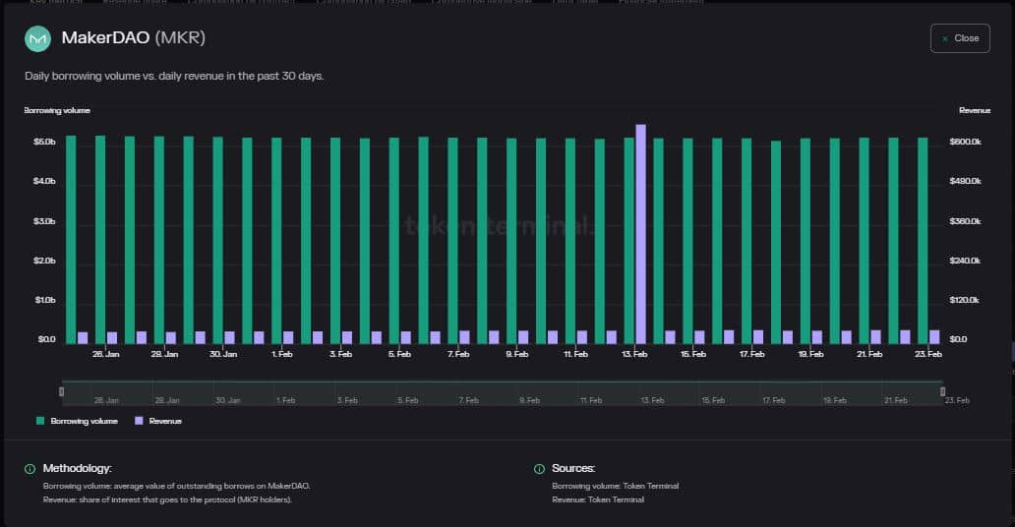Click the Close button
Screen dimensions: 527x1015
coord(960,38)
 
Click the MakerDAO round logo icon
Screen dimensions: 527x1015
coord(37,38)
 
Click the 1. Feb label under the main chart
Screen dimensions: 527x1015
coord(282,354)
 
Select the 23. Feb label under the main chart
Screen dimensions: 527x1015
coord(927,354)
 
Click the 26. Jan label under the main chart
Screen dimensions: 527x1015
coord(106,354)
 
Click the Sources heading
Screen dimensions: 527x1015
coord(573,469)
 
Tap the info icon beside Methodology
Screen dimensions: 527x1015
coord(30,469)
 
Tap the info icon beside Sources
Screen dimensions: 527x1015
coord(539,469)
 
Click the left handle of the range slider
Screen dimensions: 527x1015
coord(62,391)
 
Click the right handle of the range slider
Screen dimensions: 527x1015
coord(942,391)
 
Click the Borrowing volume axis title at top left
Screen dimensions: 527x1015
coord(57,111)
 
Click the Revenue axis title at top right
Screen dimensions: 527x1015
coord(974,111)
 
